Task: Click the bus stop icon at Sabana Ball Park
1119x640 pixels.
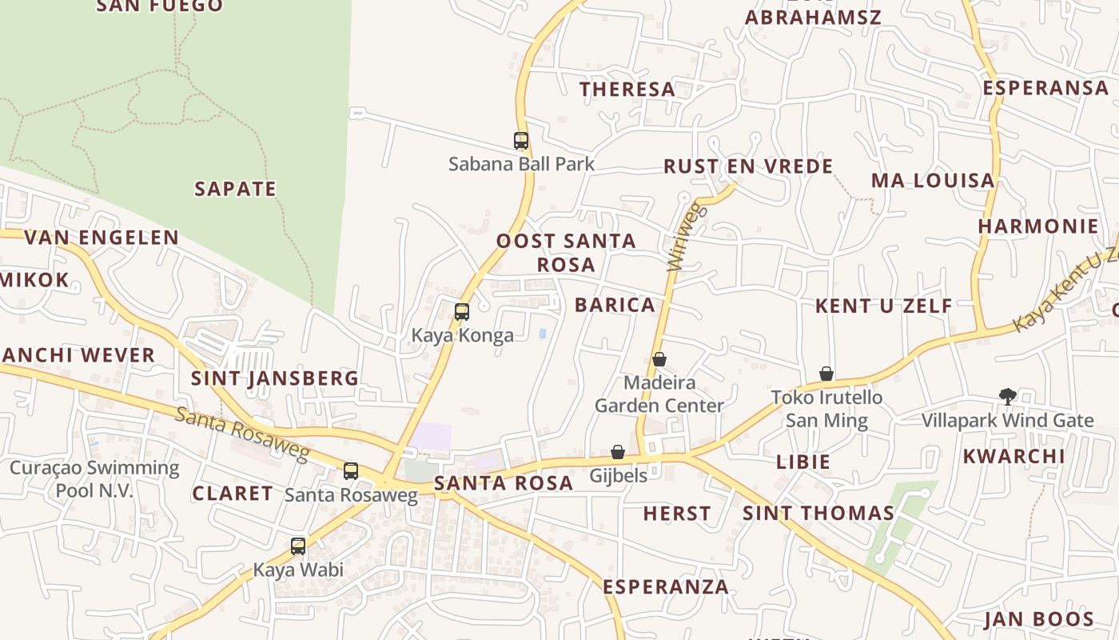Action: (521, 141)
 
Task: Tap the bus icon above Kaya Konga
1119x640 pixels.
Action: (462, 312)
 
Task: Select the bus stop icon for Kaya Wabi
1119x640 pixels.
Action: (298, 546)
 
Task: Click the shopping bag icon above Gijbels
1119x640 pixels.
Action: (618, 452)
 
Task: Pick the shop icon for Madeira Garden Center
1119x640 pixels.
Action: (659, 359)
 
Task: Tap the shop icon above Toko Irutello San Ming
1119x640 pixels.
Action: (826, 374)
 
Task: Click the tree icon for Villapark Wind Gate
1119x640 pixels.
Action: (1007, 396)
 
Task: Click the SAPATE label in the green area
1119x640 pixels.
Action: (235, 190)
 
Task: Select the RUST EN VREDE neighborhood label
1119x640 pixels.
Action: (748, 166)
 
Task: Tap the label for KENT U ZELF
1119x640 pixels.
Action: (883, 306)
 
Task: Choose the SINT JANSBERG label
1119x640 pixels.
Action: (274, 378)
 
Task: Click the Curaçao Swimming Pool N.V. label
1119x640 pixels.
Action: (94, 478)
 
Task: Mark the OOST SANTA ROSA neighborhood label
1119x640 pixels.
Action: (566, 252)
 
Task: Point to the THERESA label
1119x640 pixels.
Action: (627, 90)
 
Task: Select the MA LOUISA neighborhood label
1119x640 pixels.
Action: (933, 181)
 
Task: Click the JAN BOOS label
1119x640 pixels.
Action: (1038, 619)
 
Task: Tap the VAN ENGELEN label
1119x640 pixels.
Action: (102, 238)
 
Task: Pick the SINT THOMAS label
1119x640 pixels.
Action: (818, 514)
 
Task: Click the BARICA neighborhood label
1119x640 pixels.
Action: (615, 305)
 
